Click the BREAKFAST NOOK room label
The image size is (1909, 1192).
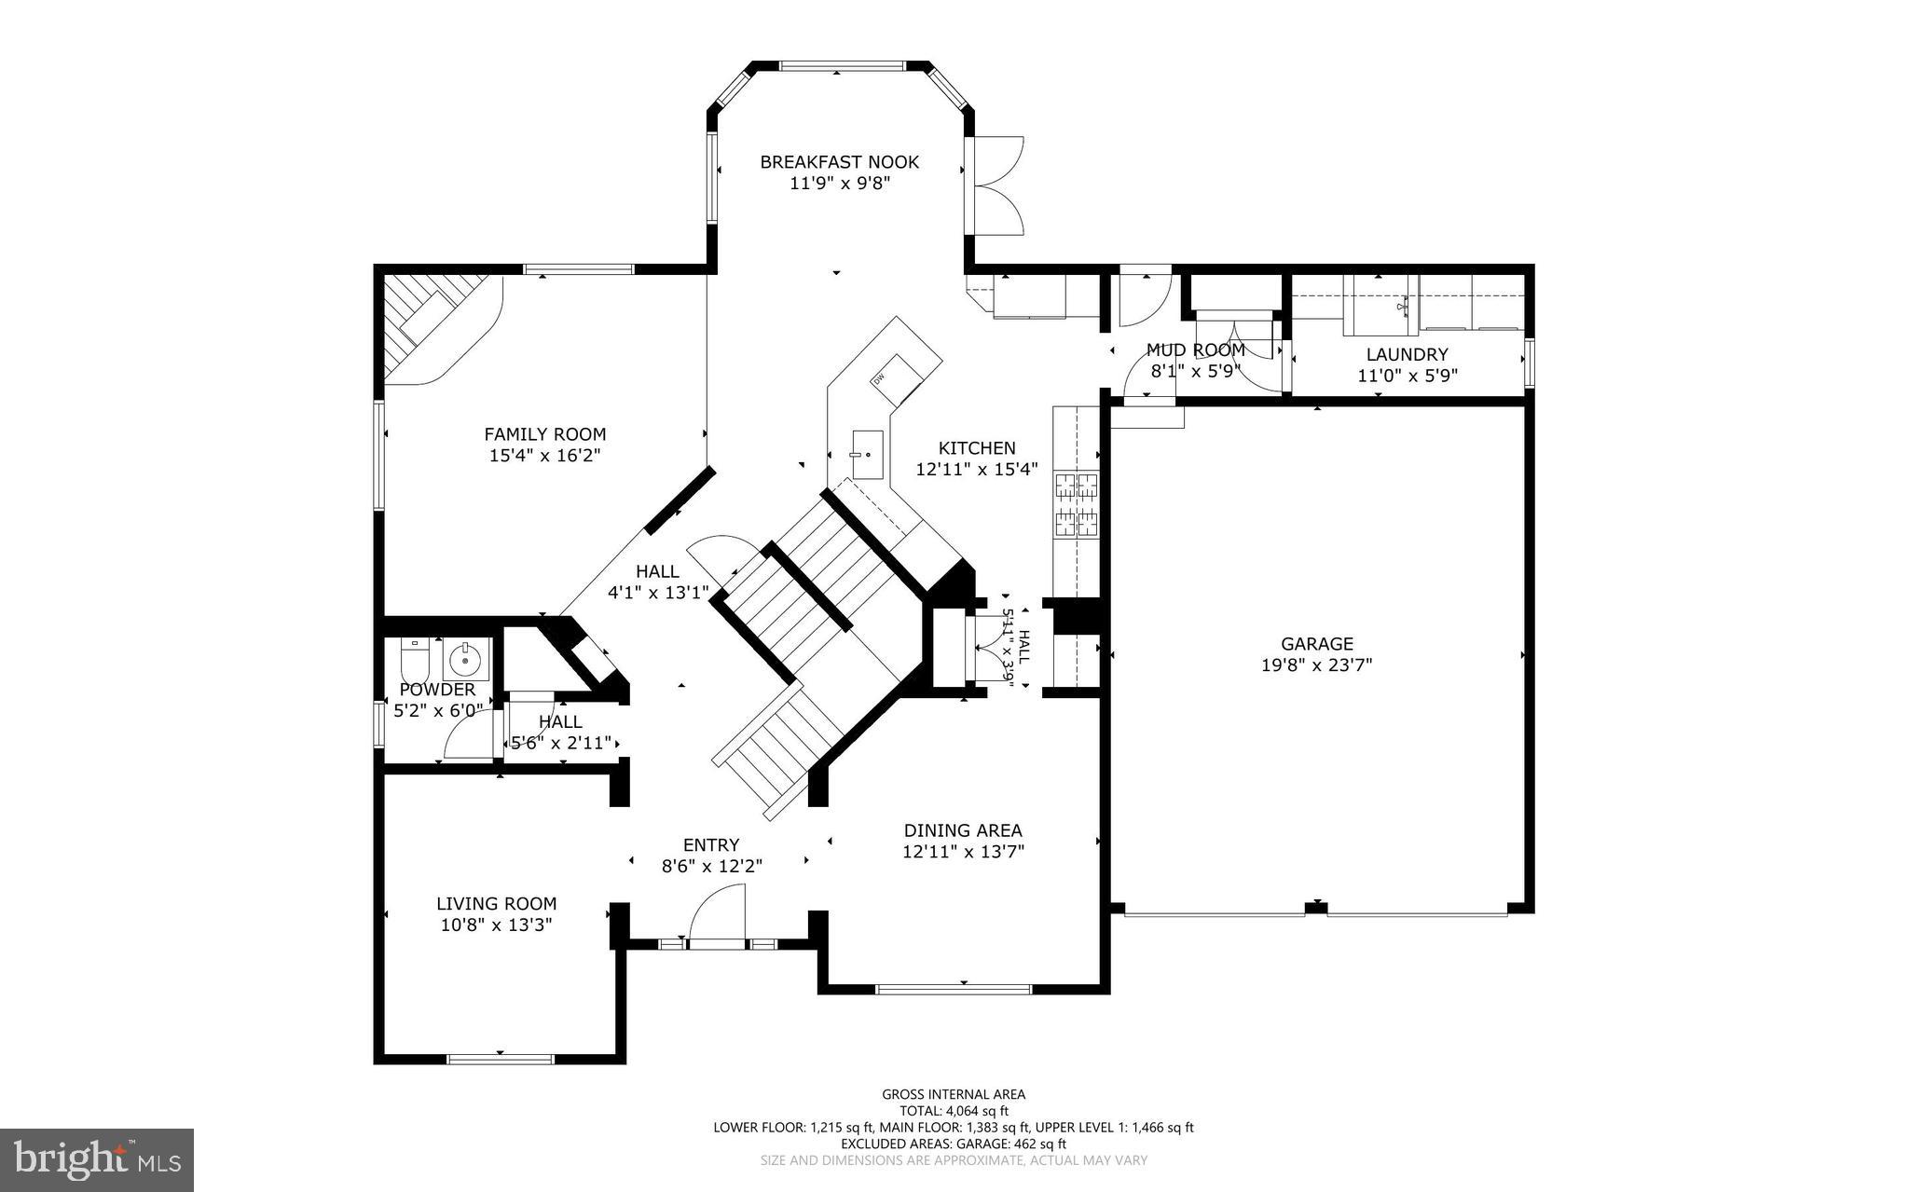pos(839,162)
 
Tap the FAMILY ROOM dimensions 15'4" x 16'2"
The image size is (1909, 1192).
pos(544,456)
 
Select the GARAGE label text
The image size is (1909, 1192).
pos(1316,644)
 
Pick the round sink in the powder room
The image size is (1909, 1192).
pos(464,660)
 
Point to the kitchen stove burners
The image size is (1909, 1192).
pos(1076,505)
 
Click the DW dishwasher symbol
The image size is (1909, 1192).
pos(879,378)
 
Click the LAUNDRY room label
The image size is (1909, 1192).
pos(1407,354)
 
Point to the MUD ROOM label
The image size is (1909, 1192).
pos(1195,350)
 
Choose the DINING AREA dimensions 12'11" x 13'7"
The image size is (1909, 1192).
pos(963,851)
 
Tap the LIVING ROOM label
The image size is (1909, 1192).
pos(496,903)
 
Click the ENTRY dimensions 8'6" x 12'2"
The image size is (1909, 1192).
pos(711,866)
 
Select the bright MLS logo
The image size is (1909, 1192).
pos(96,1159)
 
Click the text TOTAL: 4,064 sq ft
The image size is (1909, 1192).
pos(953,1111)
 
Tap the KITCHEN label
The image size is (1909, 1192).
pos(976,448)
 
